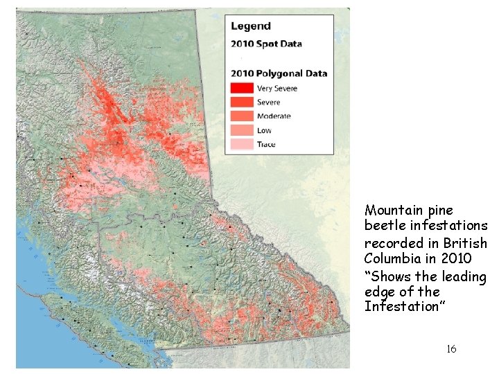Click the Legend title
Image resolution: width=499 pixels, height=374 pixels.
(x=250, y=26)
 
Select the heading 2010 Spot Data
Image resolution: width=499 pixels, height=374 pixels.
(x=266, y=44)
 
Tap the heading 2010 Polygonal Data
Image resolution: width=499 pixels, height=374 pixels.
(x=279, y=73)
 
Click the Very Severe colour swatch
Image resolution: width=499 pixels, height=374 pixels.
(x=242, y=88)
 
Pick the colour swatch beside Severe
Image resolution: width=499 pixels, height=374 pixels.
(x=242, y=102)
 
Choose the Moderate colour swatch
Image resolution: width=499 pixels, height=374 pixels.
(x=242, y=116)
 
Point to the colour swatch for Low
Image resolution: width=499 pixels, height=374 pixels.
(x=242, y=130)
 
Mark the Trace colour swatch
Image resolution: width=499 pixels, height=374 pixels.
(x=242, y=144)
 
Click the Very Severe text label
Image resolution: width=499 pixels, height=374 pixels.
(x=277, y=88)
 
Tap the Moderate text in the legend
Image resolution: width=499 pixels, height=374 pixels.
(x=274, y=116)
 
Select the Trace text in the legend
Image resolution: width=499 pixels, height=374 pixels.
(x=266, y=144)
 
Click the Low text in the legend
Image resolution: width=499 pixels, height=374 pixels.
(x=264, y=130)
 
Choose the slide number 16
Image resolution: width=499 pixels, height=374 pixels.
(x=451, y=349)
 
